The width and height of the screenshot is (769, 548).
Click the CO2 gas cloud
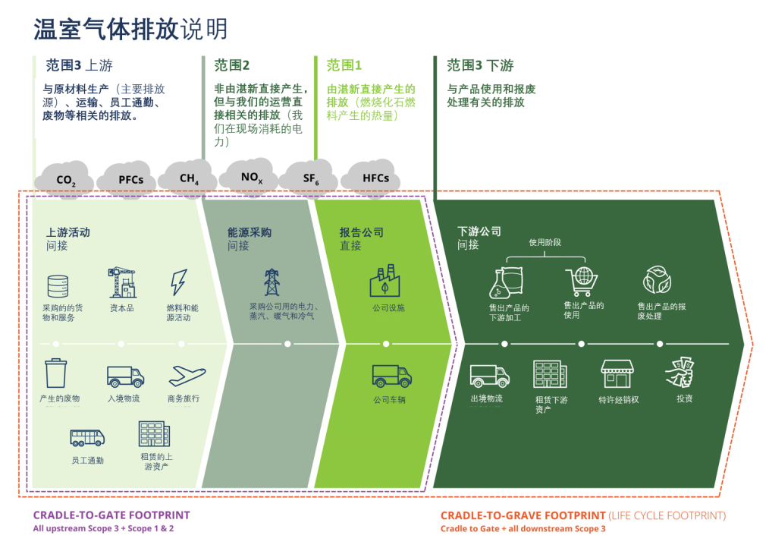click(x=66, y=180)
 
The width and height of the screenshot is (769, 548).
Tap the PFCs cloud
click(x=130, y=179)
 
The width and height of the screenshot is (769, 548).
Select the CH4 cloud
click(x=189, y=178)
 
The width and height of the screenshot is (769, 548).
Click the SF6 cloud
click(x=311, y=179)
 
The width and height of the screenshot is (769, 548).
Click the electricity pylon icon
click(x=272, y=282)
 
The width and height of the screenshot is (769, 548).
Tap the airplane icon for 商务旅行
click(x=187, y=376)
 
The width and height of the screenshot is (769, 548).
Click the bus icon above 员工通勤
click(x=87, y=437)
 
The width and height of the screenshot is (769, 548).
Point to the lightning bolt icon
click(x=178, y=283)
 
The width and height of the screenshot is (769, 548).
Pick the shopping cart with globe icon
click(x=582, y=282)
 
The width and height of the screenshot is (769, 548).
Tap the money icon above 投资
click(x=680, y=373)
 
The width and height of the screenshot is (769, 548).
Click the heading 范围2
click(x=231, y=65)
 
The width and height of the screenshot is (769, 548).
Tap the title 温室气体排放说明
click(x=130, y=29)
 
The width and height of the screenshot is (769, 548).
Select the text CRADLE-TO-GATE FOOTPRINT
click(x=111, y=515)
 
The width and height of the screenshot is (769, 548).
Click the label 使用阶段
click(x=545, y=243)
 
